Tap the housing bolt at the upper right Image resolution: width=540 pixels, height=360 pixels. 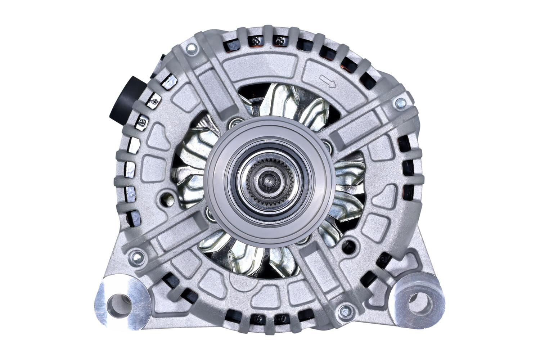400,103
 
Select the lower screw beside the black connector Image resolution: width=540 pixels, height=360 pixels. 143,122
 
